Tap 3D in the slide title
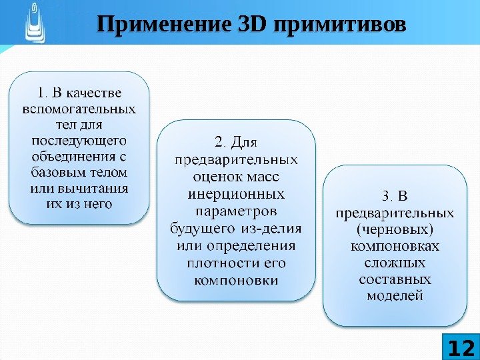251,26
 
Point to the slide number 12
461,347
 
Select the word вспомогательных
79,108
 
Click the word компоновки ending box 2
236,281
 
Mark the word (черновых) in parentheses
395,230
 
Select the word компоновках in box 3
395,247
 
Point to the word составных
395,279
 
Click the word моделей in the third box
395,295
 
